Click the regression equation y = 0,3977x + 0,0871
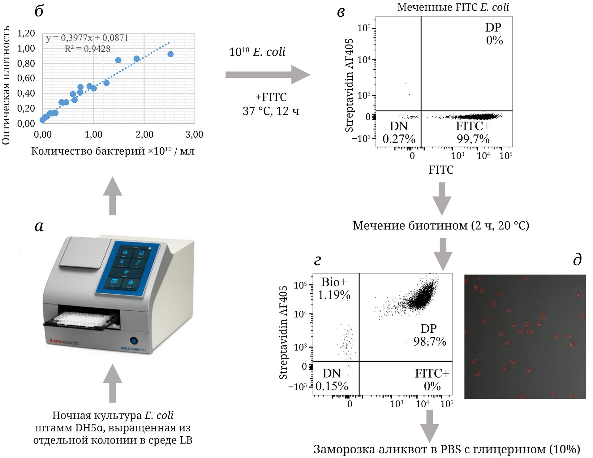point(87,38)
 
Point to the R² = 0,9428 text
point(87,49)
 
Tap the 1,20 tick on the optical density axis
point(26,33)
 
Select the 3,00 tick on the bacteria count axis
point(194,134)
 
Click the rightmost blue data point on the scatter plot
point(170,54)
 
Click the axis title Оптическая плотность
point(6,85)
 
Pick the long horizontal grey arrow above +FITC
point(267,75)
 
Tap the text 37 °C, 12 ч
point(271,111)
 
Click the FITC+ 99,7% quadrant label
point(473,132)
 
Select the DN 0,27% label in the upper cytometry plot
point(399,132)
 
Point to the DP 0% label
point(494,34)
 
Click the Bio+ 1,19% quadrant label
point(334,288)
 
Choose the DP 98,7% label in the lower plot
point(430,335)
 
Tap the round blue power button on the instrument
point(134,341)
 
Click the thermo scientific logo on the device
point(64,342)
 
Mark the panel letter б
point(39,11)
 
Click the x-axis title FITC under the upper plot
point(441,170)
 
